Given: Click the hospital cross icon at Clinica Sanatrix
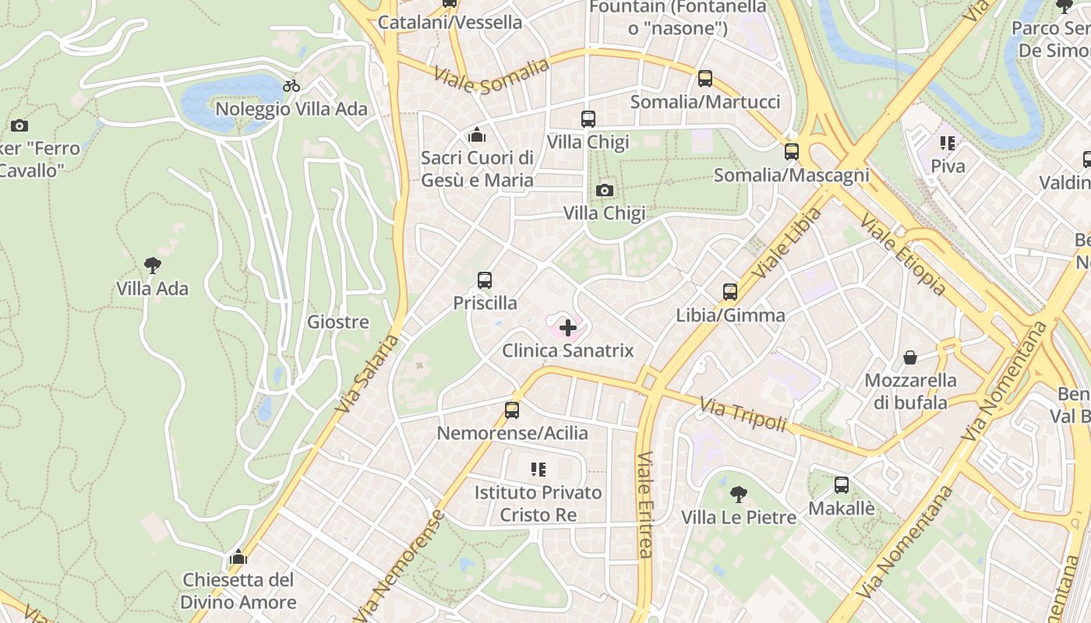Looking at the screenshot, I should pyautogui.click(x=568, y=328).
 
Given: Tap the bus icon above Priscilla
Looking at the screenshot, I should pyautogui.click(x=485, y=280).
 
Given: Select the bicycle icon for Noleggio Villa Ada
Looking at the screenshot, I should pyautogui.click(x=291, y=86).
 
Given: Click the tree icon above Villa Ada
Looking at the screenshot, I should pyautogui.click(x=153, y=266).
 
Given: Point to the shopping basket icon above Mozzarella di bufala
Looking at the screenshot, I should pyautogui.click(x=910, y=357).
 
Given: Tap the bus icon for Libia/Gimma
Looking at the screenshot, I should pyautogui.click(x=730, y=292).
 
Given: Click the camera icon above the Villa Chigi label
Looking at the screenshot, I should pyautogui.click(x=604, y=190).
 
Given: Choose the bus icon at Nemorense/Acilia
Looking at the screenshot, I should pyautogui.click(x=512, y=410).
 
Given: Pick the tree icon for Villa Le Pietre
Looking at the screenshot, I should pyautogui.click(x=738, y=494).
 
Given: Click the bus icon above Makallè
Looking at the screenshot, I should pyautogui.click(x=842, y=485).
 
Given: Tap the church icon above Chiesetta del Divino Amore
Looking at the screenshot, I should pyautogui.click(x=238, y=557).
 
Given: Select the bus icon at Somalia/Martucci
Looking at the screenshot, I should pyautogui.click(x=705, y=79).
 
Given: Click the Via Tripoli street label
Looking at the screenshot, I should pyautogui.click(x=743, y=414).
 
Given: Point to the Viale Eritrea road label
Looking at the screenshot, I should pyautogui.click(x=644, y=505).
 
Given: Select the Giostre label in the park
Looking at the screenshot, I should pyautogui.click(x=338, y=322).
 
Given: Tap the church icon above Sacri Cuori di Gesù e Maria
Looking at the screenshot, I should pyautogui.click(x=477, y=136).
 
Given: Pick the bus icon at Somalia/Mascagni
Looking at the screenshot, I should pyautogui.click(x=792, y=152).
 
